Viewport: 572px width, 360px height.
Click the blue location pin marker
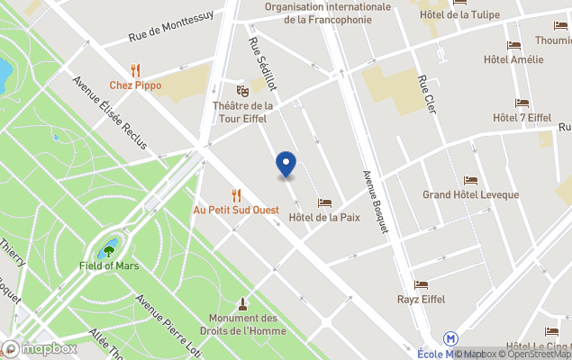[286, 164]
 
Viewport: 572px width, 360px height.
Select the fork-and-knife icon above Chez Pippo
[135, 69]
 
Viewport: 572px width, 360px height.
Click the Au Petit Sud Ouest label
[236, 210]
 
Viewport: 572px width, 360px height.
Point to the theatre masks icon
[241, 90]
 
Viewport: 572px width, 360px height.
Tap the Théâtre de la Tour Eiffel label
[242, 112]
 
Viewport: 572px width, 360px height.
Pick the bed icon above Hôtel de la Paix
[324, 202]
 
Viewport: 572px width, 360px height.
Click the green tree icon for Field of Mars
[109, 250]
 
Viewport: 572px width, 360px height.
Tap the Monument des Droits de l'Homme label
[243, 324]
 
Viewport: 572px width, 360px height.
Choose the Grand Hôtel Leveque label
[470, 195]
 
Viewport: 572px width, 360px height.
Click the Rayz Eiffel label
[422, 299]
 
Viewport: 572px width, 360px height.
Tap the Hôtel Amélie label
[513, 59]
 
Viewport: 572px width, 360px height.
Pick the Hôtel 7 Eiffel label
[522, 118]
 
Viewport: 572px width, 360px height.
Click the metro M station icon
[451, 338]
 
